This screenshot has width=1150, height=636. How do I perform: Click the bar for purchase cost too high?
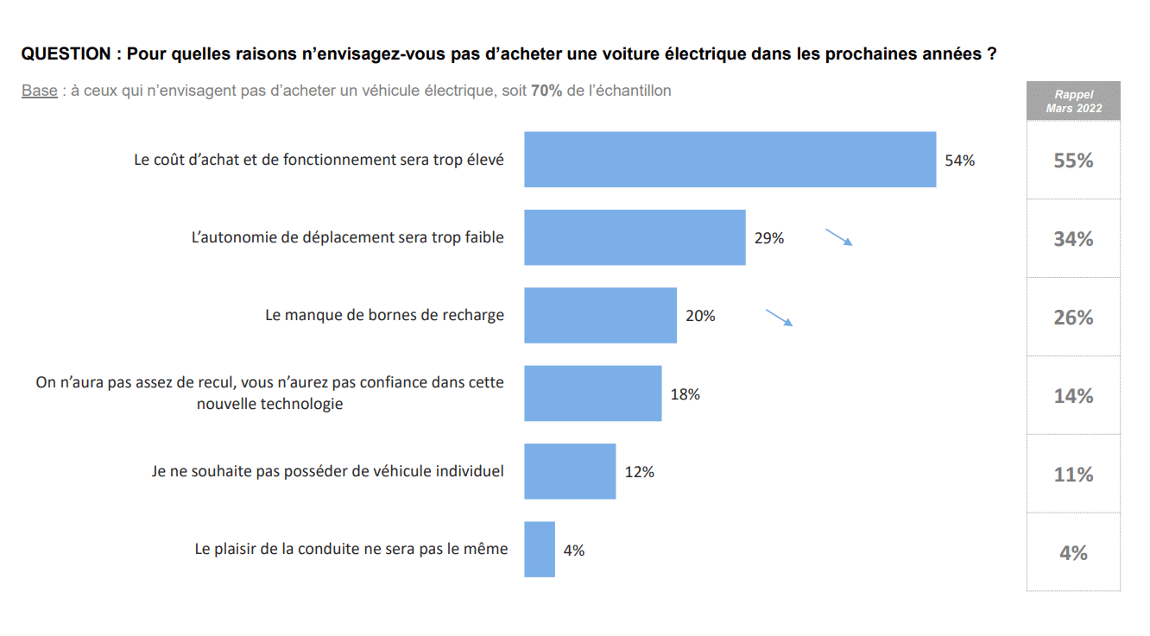coord(730,160)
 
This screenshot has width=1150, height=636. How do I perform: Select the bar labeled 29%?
coord(635,237)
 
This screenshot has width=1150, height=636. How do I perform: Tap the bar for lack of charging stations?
coord(600,316)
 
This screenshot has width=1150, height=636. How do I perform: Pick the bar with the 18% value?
coord(592,394)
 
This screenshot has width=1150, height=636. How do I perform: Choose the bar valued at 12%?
coord(570,471)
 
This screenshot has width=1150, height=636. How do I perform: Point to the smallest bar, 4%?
coord(539,550)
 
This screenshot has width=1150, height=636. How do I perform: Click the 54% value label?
coord(959,161)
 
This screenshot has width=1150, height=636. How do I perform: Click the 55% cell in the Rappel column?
coord(1073,161)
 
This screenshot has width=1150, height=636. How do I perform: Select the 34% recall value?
coord(1073,239)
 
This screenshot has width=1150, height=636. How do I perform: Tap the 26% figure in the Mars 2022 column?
coord(1073,318)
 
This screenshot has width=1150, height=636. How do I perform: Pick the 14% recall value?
coord(1073,396)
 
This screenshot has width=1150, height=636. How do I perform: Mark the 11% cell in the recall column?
coord(1073,475)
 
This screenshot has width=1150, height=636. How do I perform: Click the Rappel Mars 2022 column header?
coord(1073,101)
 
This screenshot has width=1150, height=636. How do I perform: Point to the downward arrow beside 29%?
coord(839,237)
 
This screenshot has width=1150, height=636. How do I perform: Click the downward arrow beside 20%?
coord(779,318)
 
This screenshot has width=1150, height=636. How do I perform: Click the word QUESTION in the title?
coord(66,54)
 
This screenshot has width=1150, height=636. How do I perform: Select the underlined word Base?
coord(39,91)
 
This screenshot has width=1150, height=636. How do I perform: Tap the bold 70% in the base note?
coord(547,91)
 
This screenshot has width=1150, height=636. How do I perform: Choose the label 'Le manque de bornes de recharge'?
coord(384,316)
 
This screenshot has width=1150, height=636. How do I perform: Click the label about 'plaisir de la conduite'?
coord(351,549)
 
